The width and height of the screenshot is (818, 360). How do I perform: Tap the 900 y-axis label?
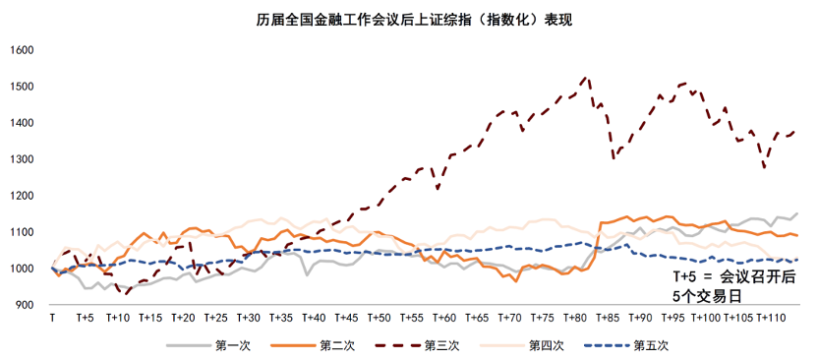coord(25,305)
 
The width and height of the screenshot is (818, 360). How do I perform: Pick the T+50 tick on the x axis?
coord(379,319)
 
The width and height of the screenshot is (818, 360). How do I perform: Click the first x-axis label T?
coord(51,319)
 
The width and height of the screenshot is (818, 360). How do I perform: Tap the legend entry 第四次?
coord(546,345)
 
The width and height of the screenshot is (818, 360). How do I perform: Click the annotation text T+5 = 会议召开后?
coord(733,277)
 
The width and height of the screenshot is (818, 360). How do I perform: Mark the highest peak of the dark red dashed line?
coord(586,77)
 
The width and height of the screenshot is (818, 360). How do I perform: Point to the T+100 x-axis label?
coord(705,319)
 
